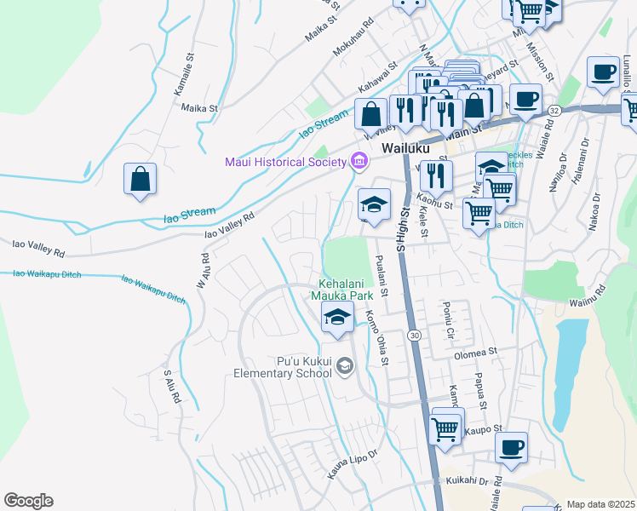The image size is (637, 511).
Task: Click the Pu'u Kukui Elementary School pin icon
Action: point(344,366)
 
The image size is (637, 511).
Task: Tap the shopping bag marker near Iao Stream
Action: point(140,181)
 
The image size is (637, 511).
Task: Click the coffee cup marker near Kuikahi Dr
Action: point(511,448)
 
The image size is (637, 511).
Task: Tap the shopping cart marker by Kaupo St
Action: point(447,428)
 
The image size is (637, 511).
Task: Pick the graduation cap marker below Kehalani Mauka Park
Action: point(338,318)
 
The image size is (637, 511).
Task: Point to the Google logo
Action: point(28,501)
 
